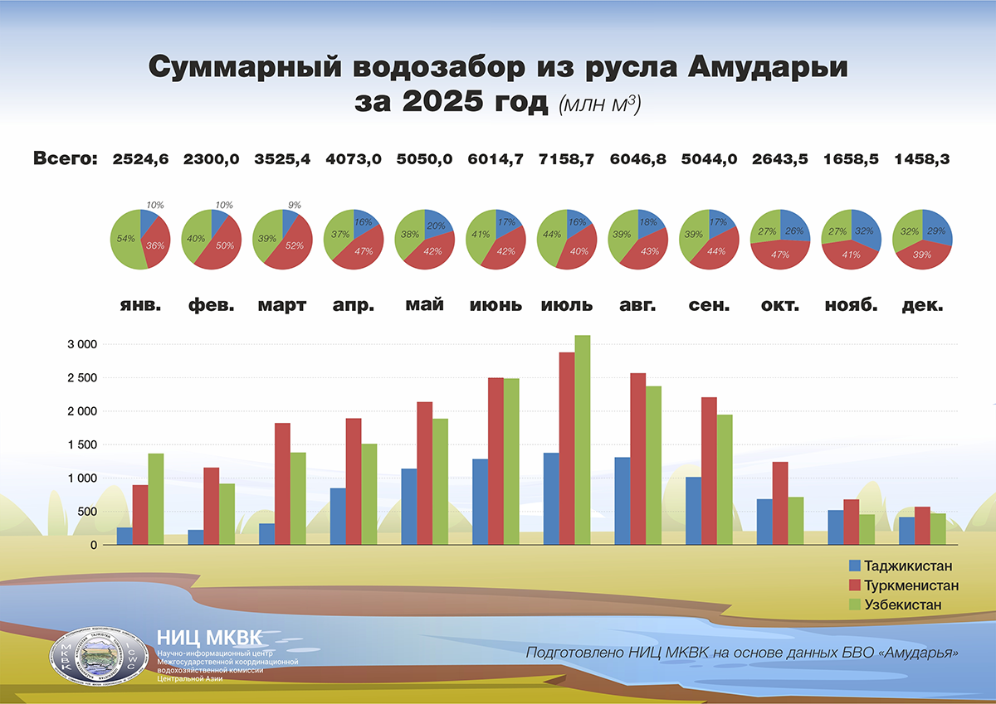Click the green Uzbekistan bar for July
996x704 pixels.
(583, 439)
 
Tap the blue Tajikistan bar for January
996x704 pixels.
(124, 536)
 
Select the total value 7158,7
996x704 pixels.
(566, 159)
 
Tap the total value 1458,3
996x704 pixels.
(921, 159)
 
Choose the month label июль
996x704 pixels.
(566, 304)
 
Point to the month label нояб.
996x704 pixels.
(851, 304)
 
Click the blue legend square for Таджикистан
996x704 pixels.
(854, 566)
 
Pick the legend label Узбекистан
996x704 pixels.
(903, 604)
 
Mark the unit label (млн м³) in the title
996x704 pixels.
(600, 105)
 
